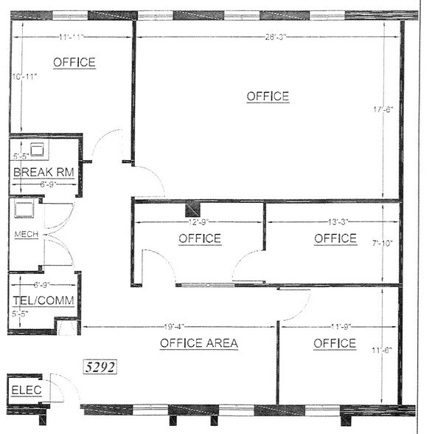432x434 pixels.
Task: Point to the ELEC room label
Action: (26, 391)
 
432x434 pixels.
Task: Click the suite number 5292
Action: (101, 365)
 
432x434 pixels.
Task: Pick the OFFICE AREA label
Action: (198, 343)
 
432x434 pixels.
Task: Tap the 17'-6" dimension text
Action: (385, 109)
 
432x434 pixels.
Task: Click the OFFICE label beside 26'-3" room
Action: (268, 96)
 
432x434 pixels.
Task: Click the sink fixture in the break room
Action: (37, 147)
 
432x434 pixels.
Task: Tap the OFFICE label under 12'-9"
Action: (199, 238)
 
